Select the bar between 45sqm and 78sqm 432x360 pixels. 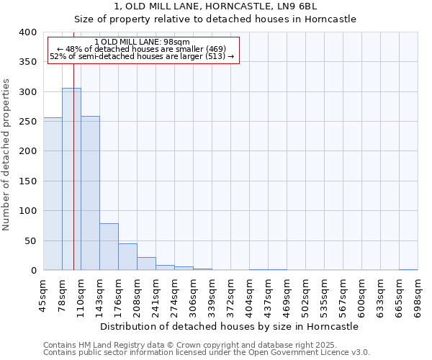[53, 194]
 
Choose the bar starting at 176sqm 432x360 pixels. [127, 257]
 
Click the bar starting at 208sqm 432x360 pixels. [146, 264]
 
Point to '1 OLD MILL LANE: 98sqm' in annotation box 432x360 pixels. [142, 42]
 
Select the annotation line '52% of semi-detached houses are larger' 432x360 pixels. [142, 56]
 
